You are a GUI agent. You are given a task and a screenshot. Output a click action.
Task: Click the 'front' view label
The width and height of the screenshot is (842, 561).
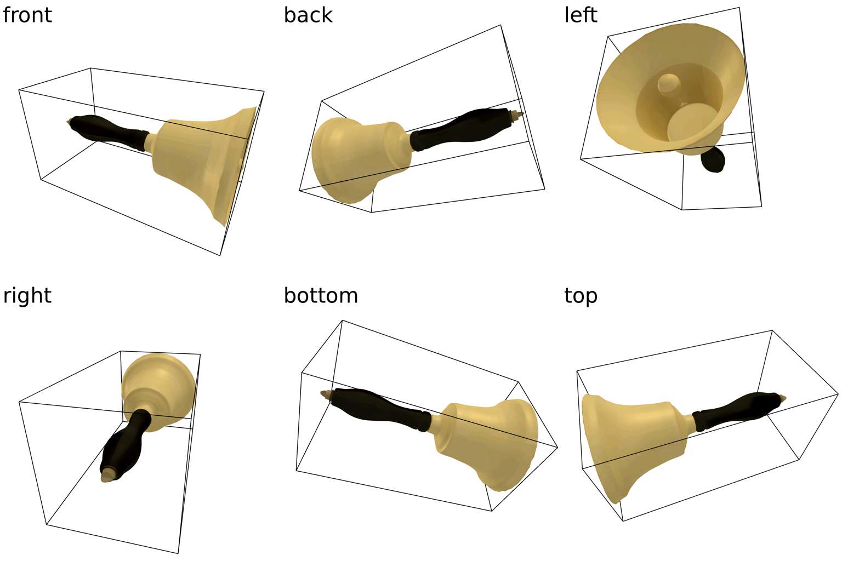point(27,15)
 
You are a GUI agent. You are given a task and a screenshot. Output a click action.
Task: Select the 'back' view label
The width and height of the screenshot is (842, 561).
point(308,15)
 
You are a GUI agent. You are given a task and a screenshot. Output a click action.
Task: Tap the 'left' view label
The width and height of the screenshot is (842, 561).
point(580,15)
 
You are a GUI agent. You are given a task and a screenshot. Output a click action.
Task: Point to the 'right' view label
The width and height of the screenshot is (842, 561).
point(27,295)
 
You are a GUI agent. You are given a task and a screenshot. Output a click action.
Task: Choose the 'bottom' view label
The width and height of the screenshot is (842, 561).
point(321,295)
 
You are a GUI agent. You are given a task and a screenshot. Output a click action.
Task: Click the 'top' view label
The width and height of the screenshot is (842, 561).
point(581,295)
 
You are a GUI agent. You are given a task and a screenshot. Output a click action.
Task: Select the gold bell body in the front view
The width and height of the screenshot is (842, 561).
point(203,159)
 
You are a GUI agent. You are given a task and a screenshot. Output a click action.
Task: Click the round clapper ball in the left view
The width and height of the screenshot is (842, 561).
point(668,84)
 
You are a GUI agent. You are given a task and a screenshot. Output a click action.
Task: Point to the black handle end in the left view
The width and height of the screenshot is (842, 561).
point(713,161)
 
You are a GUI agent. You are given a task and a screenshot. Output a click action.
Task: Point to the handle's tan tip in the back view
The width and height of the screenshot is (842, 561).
point(515,114)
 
